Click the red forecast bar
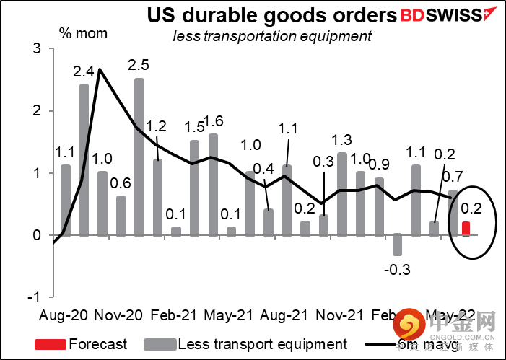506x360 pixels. (x=466, y=229)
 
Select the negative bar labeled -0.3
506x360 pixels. (x=397, y=245)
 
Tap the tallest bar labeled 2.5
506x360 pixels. (x=139, y=157)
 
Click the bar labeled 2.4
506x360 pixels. (x=84, y=159)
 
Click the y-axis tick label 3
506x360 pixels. (x=35, y=49)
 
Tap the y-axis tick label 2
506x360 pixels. (x=35, y=111)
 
